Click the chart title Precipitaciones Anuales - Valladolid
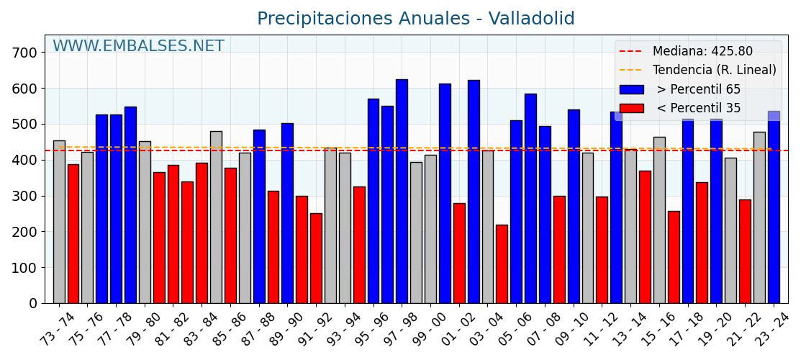[415, 19]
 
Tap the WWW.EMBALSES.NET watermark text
[138, 47]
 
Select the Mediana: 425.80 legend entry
[702, 52]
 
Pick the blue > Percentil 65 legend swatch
[631, 89]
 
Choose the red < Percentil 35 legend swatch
[631, 108]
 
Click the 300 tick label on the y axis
[24, 196]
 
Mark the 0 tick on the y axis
[33, 303]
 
